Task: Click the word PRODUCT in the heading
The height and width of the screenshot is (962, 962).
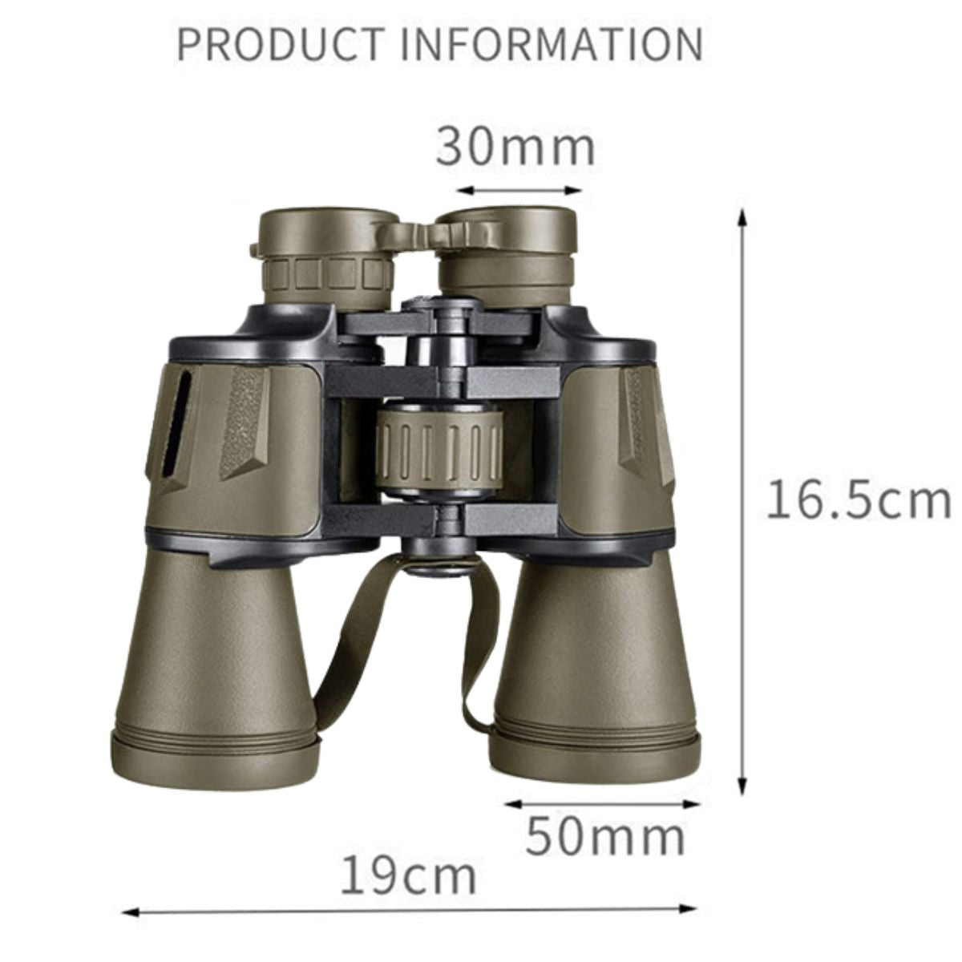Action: click(281, 44)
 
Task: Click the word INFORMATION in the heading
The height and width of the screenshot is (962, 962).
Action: click(552, 44)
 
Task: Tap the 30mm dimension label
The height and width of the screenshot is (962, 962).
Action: click(515, 148)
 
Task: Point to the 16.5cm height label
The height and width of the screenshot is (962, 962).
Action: click(858, 499)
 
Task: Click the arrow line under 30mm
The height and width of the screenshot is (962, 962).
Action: click(519, 190)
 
